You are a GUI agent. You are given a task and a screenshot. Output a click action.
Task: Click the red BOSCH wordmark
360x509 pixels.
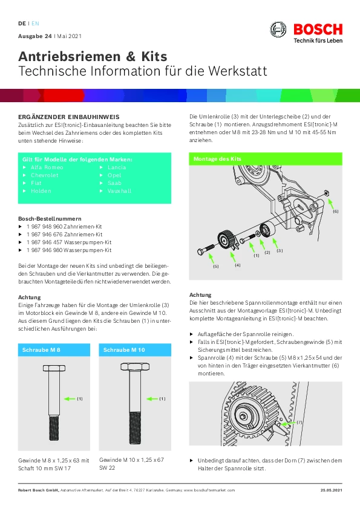318,30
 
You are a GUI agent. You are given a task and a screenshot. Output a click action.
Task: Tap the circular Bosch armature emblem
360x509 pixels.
278,30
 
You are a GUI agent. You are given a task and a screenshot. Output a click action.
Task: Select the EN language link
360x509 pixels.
35,24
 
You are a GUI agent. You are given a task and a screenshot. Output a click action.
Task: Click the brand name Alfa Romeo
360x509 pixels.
47,167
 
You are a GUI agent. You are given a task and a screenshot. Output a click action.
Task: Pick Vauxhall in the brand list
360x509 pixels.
120,191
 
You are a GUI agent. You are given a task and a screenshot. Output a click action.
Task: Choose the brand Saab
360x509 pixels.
114,183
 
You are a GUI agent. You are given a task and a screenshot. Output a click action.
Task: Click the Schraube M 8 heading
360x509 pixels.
41,350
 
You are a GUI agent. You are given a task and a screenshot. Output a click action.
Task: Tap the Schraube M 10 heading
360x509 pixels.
124,350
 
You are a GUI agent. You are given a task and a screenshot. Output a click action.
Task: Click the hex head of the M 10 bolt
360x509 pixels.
135,367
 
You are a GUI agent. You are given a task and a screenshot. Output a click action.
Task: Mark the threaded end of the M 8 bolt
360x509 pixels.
54,428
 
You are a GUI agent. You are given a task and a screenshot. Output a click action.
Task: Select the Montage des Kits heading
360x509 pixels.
217,159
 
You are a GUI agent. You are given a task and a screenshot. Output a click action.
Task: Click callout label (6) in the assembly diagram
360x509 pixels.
336,212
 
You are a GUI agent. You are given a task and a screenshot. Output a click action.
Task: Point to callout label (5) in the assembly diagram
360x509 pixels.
216,267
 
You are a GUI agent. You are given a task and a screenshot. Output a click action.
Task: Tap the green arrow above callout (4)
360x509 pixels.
232,257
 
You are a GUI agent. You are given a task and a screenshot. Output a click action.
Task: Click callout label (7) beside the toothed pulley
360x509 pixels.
299,423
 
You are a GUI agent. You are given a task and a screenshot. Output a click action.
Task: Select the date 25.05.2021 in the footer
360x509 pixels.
332,490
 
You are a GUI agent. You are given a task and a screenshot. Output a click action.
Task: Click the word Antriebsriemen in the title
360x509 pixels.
70,56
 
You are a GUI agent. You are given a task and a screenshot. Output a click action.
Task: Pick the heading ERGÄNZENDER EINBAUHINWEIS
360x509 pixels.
69,117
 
